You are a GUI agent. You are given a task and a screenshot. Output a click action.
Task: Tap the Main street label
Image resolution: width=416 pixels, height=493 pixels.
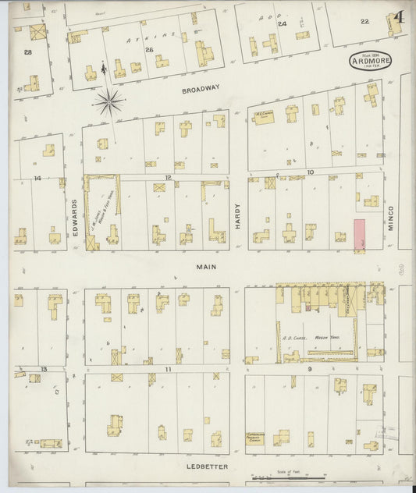[205, 267]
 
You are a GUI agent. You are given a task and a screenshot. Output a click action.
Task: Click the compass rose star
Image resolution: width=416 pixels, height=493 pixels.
[108, 99]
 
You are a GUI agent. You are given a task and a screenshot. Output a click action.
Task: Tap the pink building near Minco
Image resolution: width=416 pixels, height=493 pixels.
[360, 235]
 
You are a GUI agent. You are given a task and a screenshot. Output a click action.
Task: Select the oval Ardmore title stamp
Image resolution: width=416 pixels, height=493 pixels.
[371, 61]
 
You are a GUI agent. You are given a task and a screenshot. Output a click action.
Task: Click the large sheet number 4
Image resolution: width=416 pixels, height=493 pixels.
[399, 17]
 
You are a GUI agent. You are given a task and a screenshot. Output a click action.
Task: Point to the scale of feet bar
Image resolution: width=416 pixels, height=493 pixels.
[287, 477]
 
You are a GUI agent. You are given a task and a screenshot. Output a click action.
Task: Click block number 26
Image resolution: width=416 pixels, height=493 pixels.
[149, 50]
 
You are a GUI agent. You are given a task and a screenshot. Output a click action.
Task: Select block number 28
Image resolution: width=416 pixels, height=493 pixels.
[28, 51]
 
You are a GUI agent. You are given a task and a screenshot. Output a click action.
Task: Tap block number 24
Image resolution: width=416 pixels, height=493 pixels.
[282, 24]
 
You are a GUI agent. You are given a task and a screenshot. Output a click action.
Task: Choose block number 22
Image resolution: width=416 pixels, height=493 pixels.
[364, 22]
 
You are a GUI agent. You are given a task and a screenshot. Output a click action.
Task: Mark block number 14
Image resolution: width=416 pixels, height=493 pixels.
[37, 178]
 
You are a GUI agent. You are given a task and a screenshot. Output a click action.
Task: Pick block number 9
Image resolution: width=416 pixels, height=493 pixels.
[310, 368]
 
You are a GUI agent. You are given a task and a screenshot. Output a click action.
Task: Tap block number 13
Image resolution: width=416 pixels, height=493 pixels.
[44, 368]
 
